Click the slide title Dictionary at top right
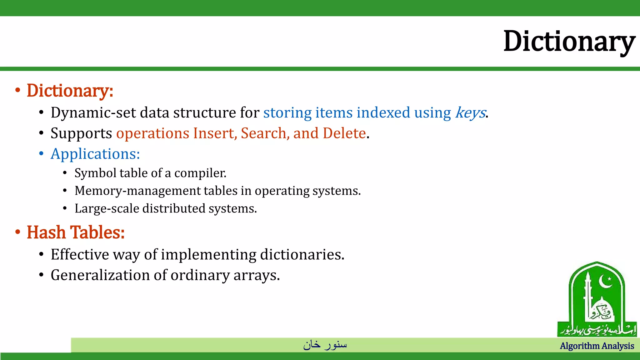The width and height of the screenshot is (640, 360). (569, 41)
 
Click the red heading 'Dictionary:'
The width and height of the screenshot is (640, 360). (70, 91)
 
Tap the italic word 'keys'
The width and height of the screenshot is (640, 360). (470, 113)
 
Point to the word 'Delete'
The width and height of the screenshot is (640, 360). (344, 133)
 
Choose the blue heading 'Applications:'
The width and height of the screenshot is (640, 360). (95, 154)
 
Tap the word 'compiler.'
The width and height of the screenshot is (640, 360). (200, 173)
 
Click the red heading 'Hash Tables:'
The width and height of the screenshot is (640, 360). (76, 233)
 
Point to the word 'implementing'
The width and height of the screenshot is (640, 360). (208, 255)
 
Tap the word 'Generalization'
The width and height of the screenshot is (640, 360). (100, 275)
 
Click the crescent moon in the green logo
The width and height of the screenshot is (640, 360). (605, 282)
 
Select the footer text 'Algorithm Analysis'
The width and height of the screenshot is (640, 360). (597, 346)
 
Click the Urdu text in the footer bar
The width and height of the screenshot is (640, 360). (325, 345)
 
